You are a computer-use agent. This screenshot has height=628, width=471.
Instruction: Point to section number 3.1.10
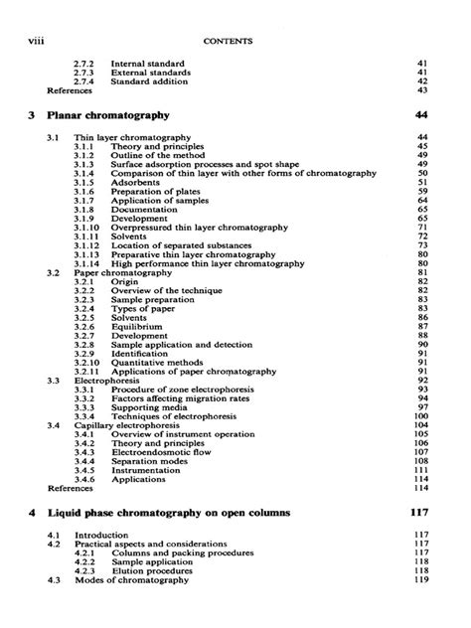point(86,227)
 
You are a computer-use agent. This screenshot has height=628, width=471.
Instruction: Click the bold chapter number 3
point(33,116)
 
